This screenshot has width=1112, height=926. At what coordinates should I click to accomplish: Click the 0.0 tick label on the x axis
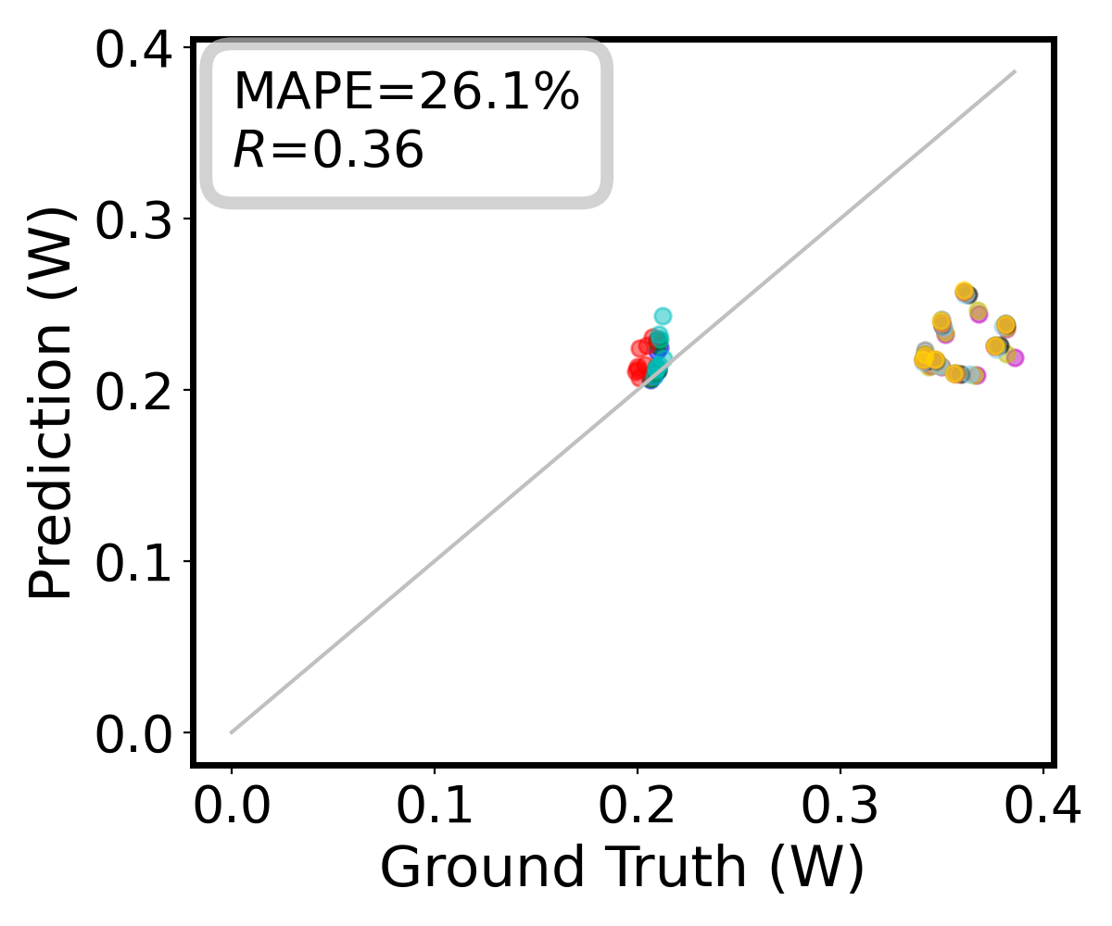(x=231, y=808)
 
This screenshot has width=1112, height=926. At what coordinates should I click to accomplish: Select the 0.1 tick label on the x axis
(x=434, y=808)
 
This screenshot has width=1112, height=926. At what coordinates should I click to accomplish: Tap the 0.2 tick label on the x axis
(x=637, y=808)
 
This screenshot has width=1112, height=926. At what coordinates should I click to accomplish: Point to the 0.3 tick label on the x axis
(x=840, y=808)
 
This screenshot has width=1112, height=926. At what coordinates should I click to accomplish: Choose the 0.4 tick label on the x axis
(x=1043, y=808)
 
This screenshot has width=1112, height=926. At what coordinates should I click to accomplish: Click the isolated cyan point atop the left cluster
(x=663, y=317)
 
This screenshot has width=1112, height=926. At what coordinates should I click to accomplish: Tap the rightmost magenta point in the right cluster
(x=1015, y=357)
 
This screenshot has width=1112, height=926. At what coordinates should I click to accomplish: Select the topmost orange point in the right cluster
(x=964, y=291)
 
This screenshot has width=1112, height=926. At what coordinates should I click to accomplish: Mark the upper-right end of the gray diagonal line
(x=1015, y=71)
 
